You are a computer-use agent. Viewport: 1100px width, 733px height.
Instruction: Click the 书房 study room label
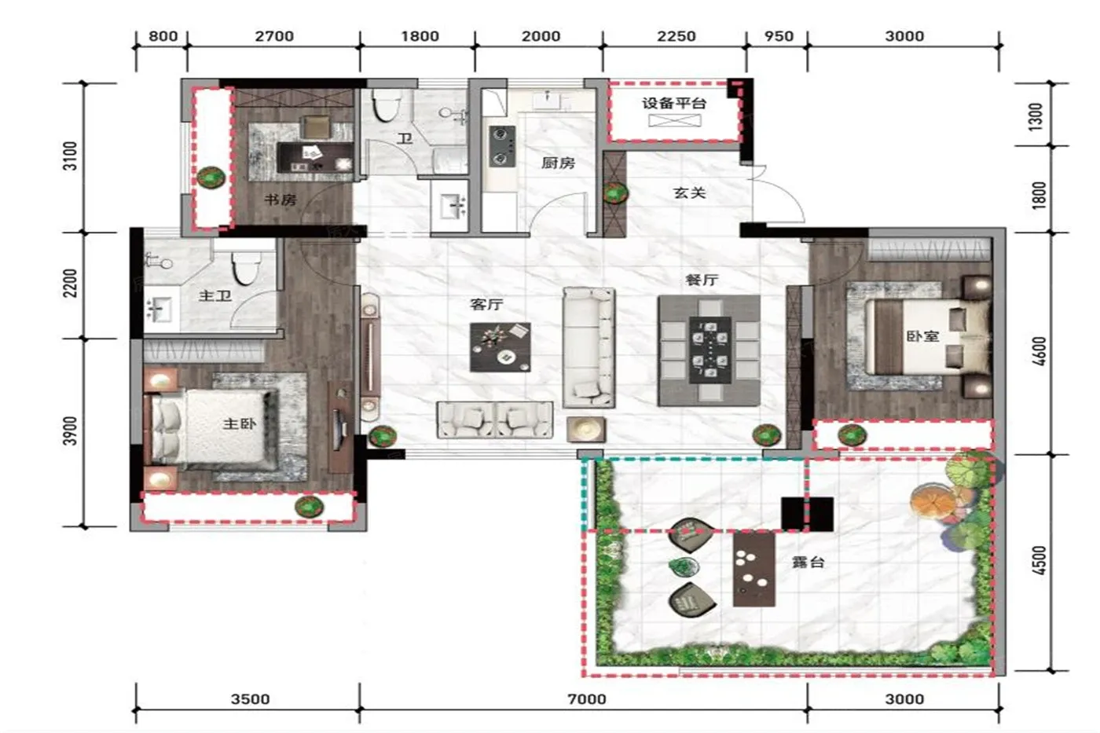[280, 200]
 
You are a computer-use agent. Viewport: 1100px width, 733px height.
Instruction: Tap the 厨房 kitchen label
[558, 163]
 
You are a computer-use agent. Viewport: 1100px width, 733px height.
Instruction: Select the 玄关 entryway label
[690, 193]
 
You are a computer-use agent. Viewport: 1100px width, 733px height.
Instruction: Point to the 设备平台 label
[674, 104]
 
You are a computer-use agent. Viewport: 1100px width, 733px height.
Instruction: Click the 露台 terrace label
[808, 563]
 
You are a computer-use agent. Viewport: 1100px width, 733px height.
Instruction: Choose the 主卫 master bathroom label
[215, 295]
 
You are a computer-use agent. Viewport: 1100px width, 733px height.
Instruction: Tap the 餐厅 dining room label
[702, 280]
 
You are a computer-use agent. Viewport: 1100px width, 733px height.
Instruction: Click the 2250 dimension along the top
[676, 36]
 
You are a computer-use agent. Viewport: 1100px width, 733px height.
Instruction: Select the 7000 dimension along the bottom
[587, 698]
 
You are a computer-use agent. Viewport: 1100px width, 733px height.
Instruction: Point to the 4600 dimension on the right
[1039, 351]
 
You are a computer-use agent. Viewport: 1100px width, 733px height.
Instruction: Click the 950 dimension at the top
[779, 36]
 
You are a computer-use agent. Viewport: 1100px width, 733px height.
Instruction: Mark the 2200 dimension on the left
[70, 284]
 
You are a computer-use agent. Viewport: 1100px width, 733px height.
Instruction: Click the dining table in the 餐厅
[709, 350]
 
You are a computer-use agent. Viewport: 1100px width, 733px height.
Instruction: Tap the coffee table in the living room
[500, 347]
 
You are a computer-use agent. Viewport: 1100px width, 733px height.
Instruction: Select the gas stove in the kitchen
[502, 146]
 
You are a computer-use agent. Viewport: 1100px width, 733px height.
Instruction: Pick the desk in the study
[315, 157]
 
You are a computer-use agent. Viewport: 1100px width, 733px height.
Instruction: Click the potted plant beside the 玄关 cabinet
[615, 193]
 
